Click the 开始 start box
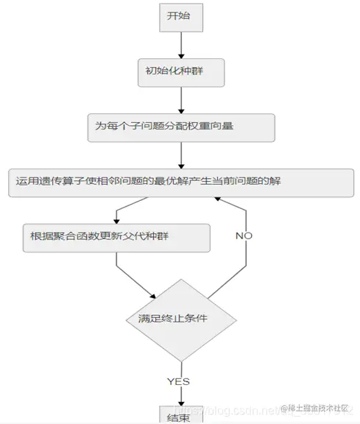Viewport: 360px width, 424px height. pyautogui.click(x=181, y=17)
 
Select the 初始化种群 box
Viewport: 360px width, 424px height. pyautogui.click(x=180, y=72)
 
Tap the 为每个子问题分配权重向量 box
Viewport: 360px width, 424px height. pyautogui.click(x=180, y=127)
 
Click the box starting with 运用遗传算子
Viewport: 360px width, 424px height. pyautogui.click(x=180, y=182)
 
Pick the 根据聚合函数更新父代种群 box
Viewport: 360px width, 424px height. pyautogui.click(x=116, y=236)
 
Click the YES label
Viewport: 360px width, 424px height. pyautogui.click(x=178, y=381)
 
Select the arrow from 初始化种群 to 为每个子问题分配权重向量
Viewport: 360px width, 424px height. pyautogui.click(x=181, y=99)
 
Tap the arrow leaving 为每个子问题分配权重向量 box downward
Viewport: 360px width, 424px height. pyautogui.click(x=181, y=154)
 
